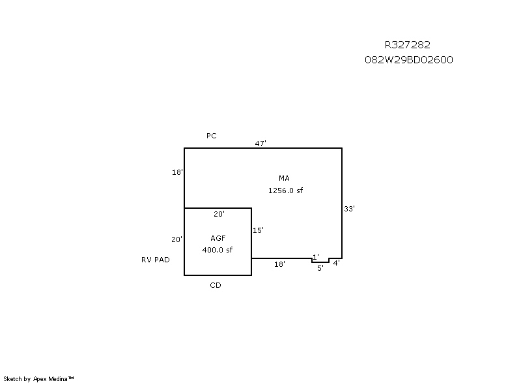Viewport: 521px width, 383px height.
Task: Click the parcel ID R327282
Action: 408,44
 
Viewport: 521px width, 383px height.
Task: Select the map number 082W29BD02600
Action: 409,59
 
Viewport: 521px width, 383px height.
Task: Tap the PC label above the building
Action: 211,136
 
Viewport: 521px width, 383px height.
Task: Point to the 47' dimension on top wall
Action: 260,144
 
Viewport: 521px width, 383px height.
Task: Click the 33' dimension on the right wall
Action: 349,209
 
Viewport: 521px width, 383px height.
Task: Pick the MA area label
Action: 284,178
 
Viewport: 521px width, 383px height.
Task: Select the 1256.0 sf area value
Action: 285,191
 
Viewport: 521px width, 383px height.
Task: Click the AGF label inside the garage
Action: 218,238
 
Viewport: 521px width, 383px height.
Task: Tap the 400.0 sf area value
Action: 218,250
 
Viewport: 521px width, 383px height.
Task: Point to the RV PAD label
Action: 156,260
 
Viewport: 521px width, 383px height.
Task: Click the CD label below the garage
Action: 216,285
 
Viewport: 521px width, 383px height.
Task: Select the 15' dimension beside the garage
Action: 258,230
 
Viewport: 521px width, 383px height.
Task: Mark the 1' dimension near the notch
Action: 316,257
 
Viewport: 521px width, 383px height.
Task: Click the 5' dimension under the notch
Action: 320,268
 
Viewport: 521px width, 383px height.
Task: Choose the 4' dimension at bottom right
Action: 337,263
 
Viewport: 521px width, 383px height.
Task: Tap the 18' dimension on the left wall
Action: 177,172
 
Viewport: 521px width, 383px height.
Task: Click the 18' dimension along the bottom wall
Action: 279,264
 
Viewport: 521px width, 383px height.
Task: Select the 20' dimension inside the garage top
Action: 219,214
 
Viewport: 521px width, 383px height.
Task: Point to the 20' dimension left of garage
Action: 176,239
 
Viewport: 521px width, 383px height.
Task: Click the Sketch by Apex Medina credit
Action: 38,378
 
